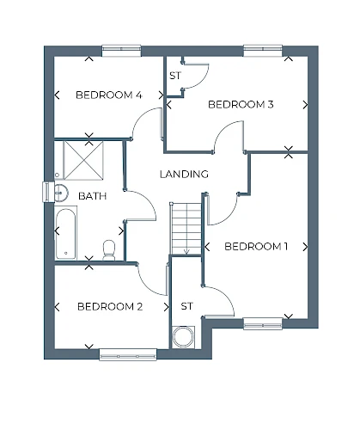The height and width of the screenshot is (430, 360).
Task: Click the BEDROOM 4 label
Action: point(109,95)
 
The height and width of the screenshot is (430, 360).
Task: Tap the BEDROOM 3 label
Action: point(241,104)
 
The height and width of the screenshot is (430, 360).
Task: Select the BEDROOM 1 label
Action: point(256,247)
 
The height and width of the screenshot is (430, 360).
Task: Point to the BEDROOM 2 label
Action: point(110,307)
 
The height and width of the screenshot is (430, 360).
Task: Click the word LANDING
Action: point(184,174)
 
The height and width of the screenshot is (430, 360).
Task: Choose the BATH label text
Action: point(93,196)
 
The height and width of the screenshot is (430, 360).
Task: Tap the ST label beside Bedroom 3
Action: point(175,76)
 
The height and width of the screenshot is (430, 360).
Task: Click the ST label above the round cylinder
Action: point(187,306)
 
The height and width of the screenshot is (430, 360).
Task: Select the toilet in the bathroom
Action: point(109,250)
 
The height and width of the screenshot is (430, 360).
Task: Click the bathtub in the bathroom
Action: point(66,233)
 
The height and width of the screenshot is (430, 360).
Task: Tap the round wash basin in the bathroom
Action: point(61,193)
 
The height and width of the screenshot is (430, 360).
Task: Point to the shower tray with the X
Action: point(83,160)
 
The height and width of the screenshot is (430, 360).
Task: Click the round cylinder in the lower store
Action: point(183,337)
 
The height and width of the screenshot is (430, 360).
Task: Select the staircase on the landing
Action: point(186,229)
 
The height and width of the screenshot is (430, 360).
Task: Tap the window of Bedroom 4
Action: point(121,51)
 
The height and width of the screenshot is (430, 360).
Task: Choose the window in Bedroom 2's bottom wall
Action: point(128,354)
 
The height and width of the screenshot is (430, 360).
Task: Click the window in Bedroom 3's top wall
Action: point(263,51)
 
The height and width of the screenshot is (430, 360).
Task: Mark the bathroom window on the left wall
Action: point(48,192)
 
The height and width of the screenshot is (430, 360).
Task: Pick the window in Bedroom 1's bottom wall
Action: point(263,324)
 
